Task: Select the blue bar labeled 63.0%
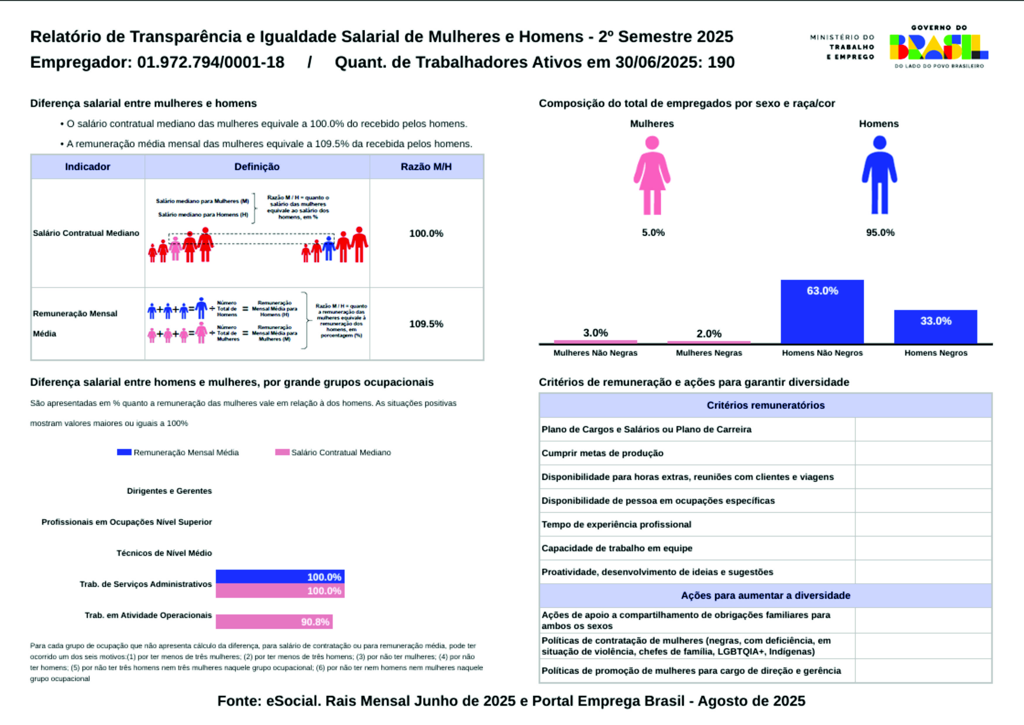click(x=822, y=312)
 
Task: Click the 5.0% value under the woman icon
click(x=653, y=233)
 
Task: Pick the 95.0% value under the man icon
click(x=880, y=233)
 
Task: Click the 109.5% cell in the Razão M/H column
click(x=426, y=324)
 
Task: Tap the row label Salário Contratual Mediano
click(x=86, y=233)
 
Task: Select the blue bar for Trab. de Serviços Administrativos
click(x=280, y=577)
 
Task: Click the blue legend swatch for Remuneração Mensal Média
click(x=124, y=452)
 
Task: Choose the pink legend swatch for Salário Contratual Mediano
click(x=282, y=452)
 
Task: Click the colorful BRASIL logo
click(x=939, y=47)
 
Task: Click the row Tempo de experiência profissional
click(x=616, y=525)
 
